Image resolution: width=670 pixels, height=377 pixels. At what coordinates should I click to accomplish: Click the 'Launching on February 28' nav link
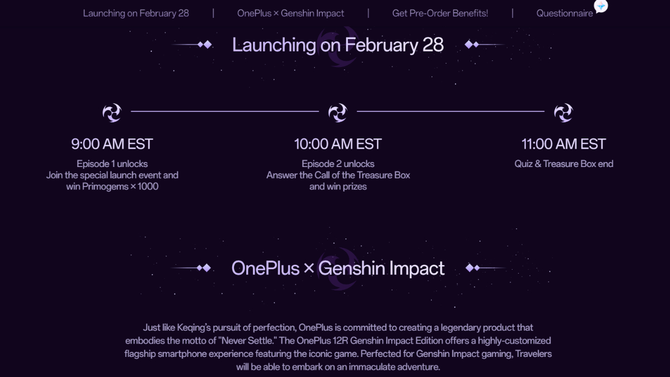[136, 13]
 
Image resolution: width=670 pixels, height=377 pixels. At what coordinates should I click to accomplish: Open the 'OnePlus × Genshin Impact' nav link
[290, 13]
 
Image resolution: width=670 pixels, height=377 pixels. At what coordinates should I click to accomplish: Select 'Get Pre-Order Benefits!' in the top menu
[440, 13]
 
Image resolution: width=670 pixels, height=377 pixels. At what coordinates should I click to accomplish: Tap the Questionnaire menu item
[564, 13]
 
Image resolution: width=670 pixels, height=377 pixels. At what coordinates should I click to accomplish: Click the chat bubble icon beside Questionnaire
[601, 6]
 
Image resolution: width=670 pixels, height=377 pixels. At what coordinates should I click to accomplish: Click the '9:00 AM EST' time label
[112, 144]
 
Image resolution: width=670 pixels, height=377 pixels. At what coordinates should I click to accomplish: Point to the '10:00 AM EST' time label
[338, 144]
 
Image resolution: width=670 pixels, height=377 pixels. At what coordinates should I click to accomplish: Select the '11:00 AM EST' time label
[563, 144]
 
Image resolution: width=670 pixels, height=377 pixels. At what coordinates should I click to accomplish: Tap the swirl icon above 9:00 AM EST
[112, 112]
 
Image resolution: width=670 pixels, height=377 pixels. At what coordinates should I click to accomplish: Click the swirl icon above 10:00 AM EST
[338, 112]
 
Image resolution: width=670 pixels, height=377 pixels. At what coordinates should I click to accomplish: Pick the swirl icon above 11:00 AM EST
[563, 112]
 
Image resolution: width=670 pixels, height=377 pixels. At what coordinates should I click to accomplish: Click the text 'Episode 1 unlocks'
[112, 164]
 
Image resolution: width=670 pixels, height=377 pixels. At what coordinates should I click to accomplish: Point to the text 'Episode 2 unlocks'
[338, 164]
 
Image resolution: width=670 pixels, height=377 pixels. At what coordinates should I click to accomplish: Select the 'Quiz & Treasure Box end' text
[564, 164]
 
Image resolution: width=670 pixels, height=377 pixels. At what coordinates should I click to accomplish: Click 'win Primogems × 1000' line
[112, 187]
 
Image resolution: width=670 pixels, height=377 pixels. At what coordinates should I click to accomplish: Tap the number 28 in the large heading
[433, 45]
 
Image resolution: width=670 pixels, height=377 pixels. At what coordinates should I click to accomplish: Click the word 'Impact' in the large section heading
[417, 268]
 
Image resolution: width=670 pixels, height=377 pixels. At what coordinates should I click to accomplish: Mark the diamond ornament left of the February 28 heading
[204, 45]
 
